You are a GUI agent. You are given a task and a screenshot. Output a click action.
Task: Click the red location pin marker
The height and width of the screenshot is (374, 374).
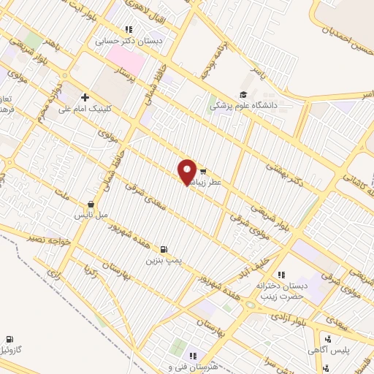point(188,172)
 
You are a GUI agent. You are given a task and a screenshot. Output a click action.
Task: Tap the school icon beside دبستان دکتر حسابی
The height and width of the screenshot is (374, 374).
point(129,30)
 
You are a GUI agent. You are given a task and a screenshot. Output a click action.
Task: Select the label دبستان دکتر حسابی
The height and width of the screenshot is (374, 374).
point(131,42)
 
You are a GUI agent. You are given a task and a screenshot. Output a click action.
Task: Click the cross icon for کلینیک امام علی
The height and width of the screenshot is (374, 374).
point(85,96)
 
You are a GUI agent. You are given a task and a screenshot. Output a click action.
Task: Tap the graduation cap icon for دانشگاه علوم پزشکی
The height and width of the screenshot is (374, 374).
point(244,94)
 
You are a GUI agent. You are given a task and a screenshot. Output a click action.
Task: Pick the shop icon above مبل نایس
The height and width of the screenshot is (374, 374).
point(91,205)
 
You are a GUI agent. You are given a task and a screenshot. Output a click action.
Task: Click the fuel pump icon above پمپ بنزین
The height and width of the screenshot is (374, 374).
point(162,248)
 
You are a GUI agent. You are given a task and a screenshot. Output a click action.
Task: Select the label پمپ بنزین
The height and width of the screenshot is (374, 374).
point(162,259)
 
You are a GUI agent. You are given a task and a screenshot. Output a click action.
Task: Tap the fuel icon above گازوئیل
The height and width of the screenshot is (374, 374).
point(9,339)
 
